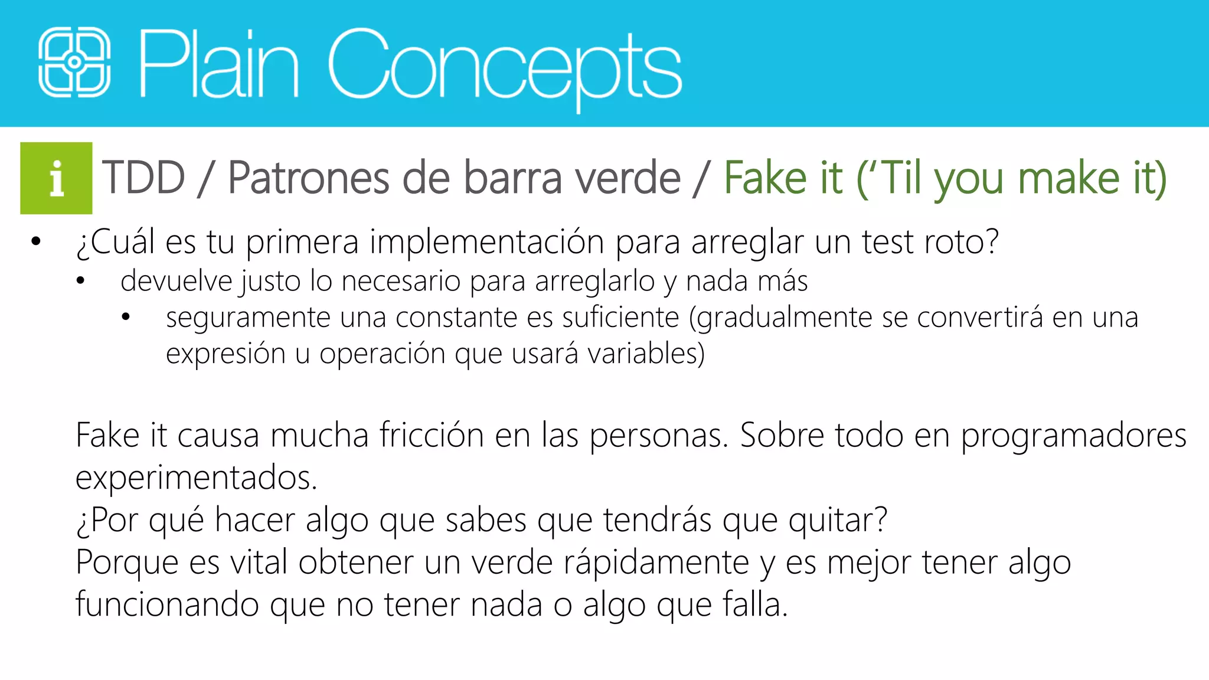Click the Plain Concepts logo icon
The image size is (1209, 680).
pos(74,63)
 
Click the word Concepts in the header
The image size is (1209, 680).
pos(505,65)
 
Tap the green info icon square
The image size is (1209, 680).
pos(56,178)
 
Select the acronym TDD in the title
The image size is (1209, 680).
pos(143,178)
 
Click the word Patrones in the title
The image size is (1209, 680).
pos(308,178)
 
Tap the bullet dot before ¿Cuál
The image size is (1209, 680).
pos(36,241)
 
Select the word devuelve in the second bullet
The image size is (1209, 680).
pos(176,281)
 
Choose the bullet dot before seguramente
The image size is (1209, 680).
pos(126,318)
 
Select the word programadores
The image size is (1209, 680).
pos(1073,436)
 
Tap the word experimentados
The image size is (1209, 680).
pos(196,478)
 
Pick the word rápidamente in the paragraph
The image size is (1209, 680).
pos(656,562)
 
